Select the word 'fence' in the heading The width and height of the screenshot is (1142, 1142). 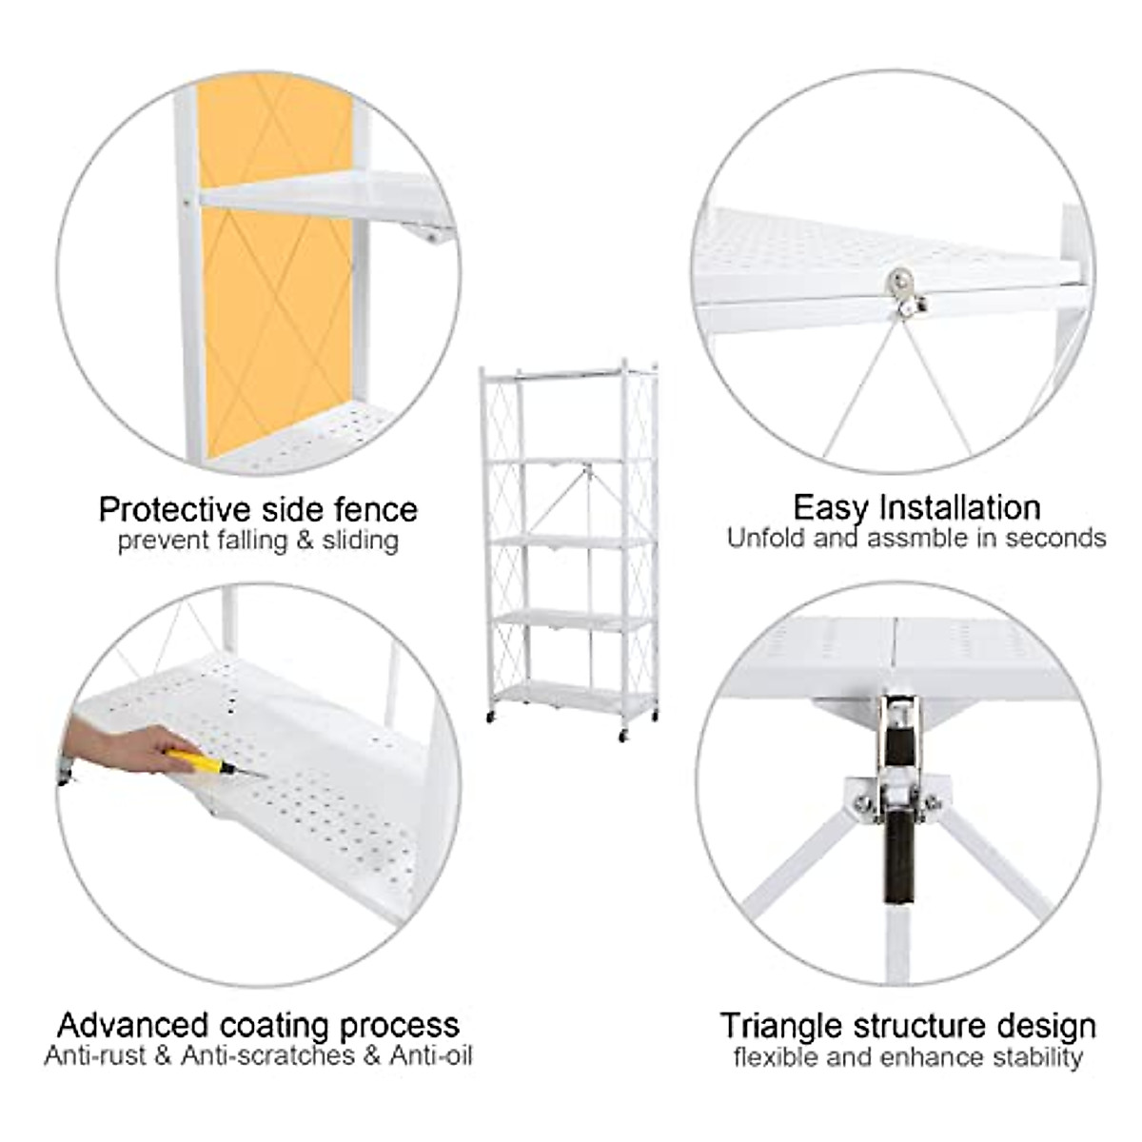[376, 509]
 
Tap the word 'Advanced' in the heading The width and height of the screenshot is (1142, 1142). [133, 1025]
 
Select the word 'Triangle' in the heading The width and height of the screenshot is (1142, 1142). [781, 1026]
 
